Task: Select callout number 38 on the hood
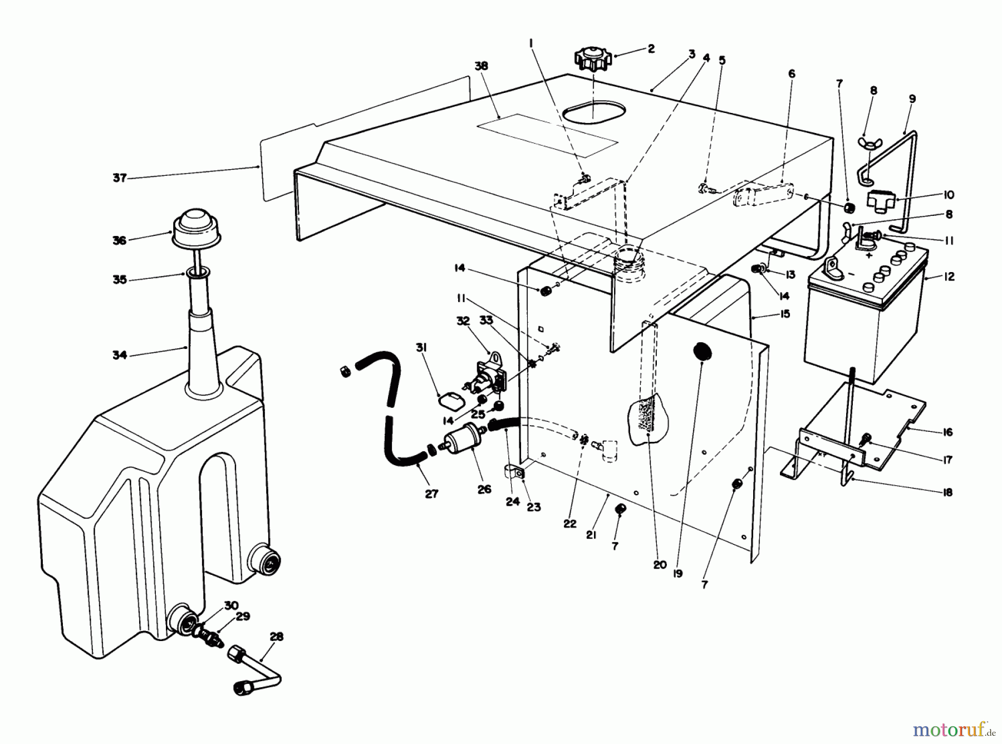click(x=481, y=66)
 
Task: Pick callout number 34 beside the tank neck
click(x=120, y=355)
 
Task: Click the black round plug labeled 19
click(x=703, y=352)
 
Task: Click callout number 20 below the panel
click(x=660, y=565)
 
